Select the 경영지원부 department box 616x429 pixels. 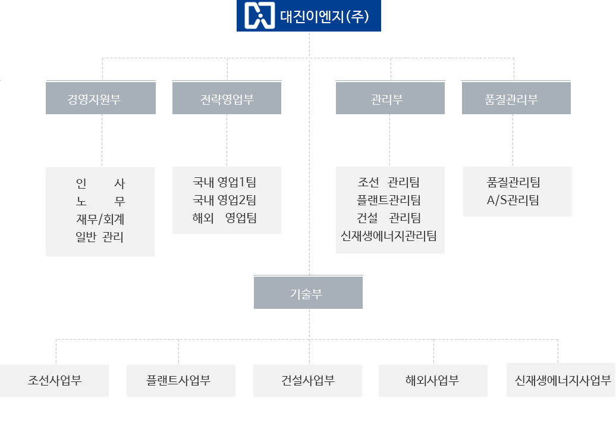pos(100,99)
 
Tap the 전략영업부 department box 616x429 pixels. pos(227,99)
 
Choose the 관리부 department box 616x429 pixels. pos(390,99)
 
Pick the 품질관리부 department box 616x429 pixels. pos(516,99)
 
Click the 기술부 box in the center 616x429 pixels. pos(308,293)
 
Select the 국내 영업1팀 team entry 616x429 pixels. pos(225,182)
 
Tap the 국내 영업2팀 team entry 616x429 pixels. pos(225,200)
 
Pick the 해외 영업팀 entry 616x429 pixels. pos(225,218)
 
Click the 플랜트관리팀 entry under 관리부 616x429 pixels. pos(389,200)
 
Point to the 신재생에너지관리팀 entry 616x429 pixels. pos(389,236)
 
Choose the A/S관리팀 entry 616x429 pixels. pos(513,200)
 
